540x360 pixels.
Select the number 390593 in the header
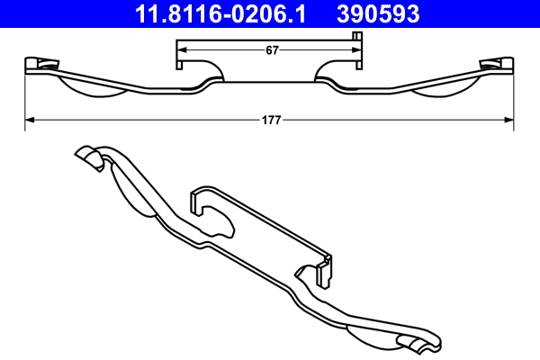point(379,13)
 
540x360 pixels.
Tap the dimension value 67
point(271,50)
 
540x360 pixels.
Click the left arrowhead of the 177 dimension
point(28,117)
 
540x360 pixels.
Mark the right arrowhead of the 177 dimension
point(509,117)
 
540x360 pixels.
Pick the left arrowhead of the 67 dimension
point(179,50)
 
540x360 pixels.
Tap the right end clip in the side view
point(496,64)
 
